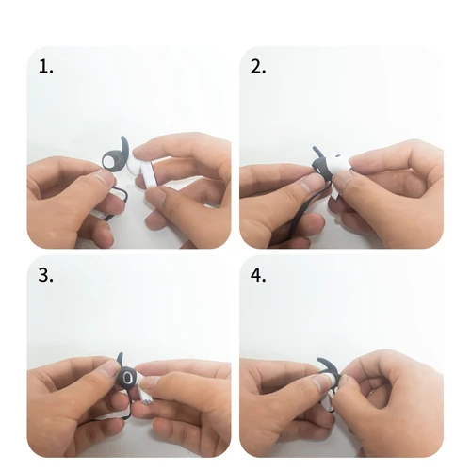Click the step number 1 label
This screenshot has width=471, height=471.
click(x=45, y=67)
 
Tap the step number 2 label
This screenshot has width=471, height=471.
click(x=258, y=67)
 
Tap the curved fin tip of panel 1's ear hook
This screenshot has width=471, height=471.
click(x=129, y=140)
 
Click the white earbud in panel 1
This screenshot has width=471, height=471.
click(x=146, y=172)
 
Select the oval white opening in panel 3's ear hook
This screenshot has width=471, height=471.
click(x=127, y=377)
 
